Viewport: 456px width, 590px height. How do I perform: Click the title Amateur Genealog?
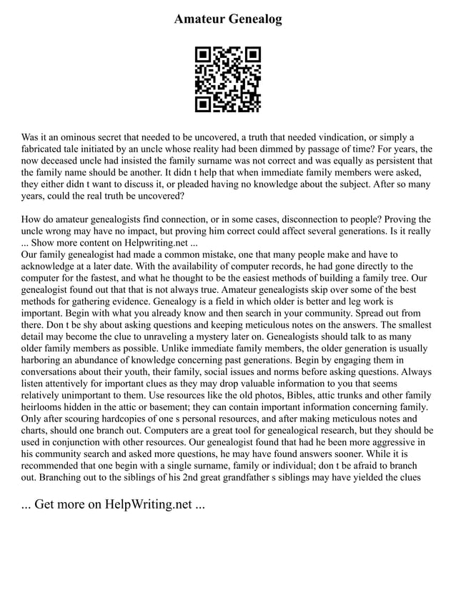click(228, 19)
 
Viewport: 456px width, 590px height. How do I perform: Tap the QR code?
click(228, 79)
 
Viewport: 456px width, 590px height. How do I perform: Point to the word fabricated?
click(47, 149)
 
